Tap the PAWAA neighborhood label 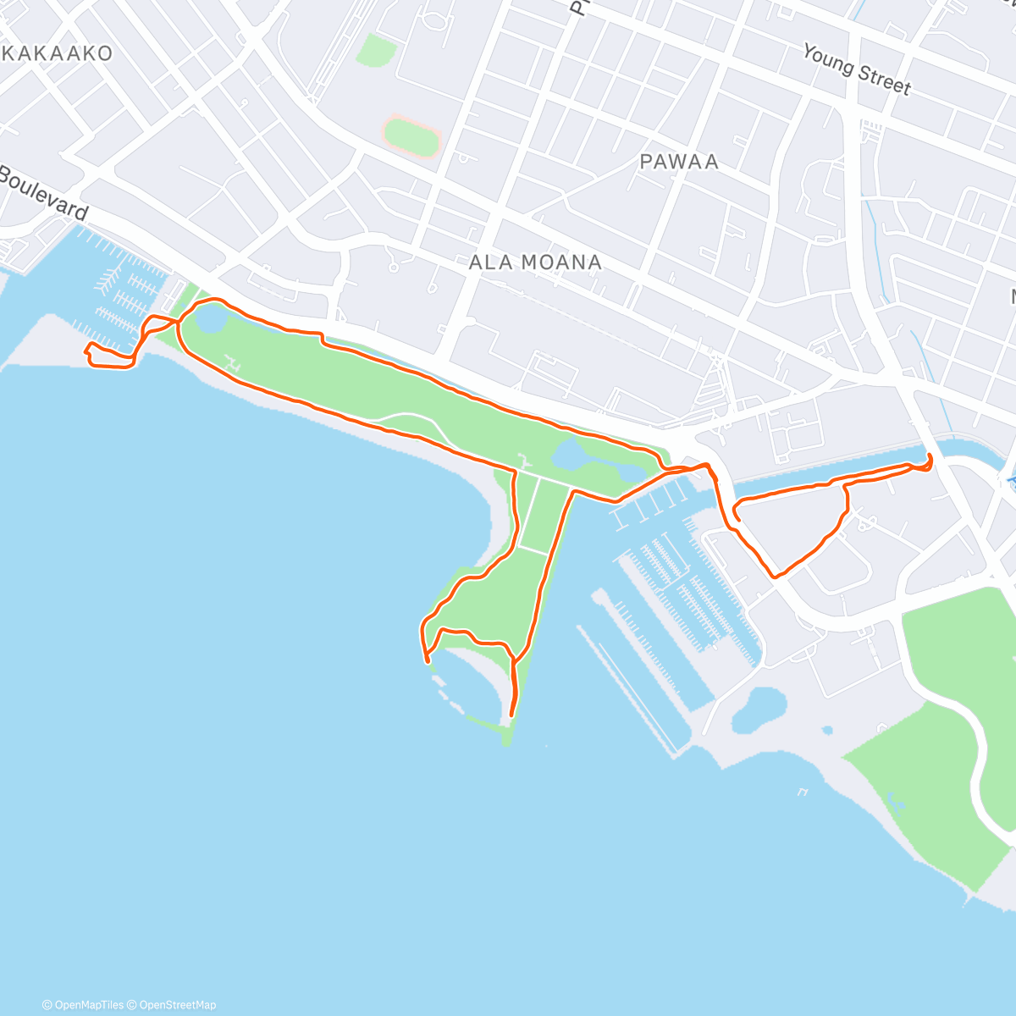679,161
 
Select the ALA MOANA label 535,262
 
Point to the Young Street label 857,69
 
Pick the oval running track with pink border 411,135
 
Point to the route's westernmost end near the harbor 87,350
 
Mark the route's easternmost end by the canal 930,460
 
